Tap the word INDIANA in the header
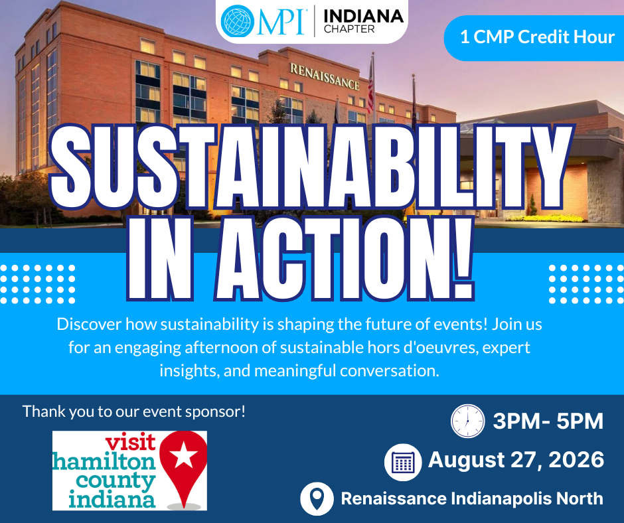[x=364, y=17]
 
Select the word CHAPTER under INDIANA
[x=349, y=29]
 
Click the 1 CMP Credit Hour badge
[x=534, y=38]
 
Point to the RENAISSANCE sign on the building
[x=325, y=76]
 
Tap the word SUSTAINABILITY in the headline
[x=311, y=168]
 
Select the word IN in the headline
[x=160, y=259]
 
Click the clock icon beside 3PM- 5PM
[x=467, y=421]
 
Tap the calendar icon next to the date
[x=403, y=462]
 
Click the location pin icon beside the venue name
[x=317, y=498]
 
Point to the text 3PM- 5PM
[x=548, y=421]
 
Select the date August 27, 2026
[x=516, y=460]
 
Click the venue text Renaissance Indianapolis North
[x=472, y=498]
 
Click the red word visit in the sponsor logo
[x=130, y=442]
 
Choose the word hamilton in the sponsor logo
[x=104, y=462]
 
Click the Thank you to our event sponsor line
[x=133, y=411]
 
